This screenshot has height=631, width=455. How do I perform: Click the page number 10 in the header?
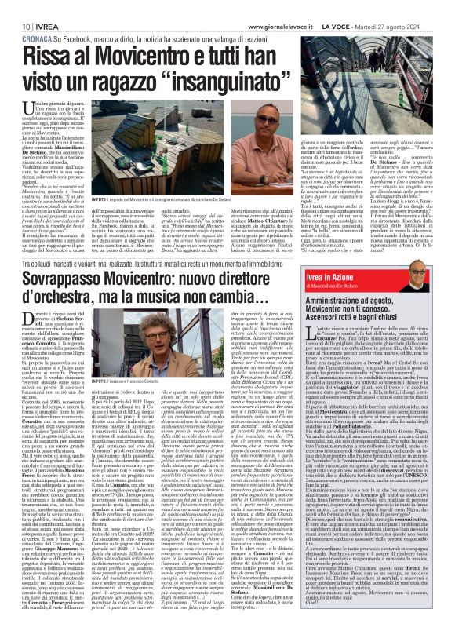click(x=16, y=26)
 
